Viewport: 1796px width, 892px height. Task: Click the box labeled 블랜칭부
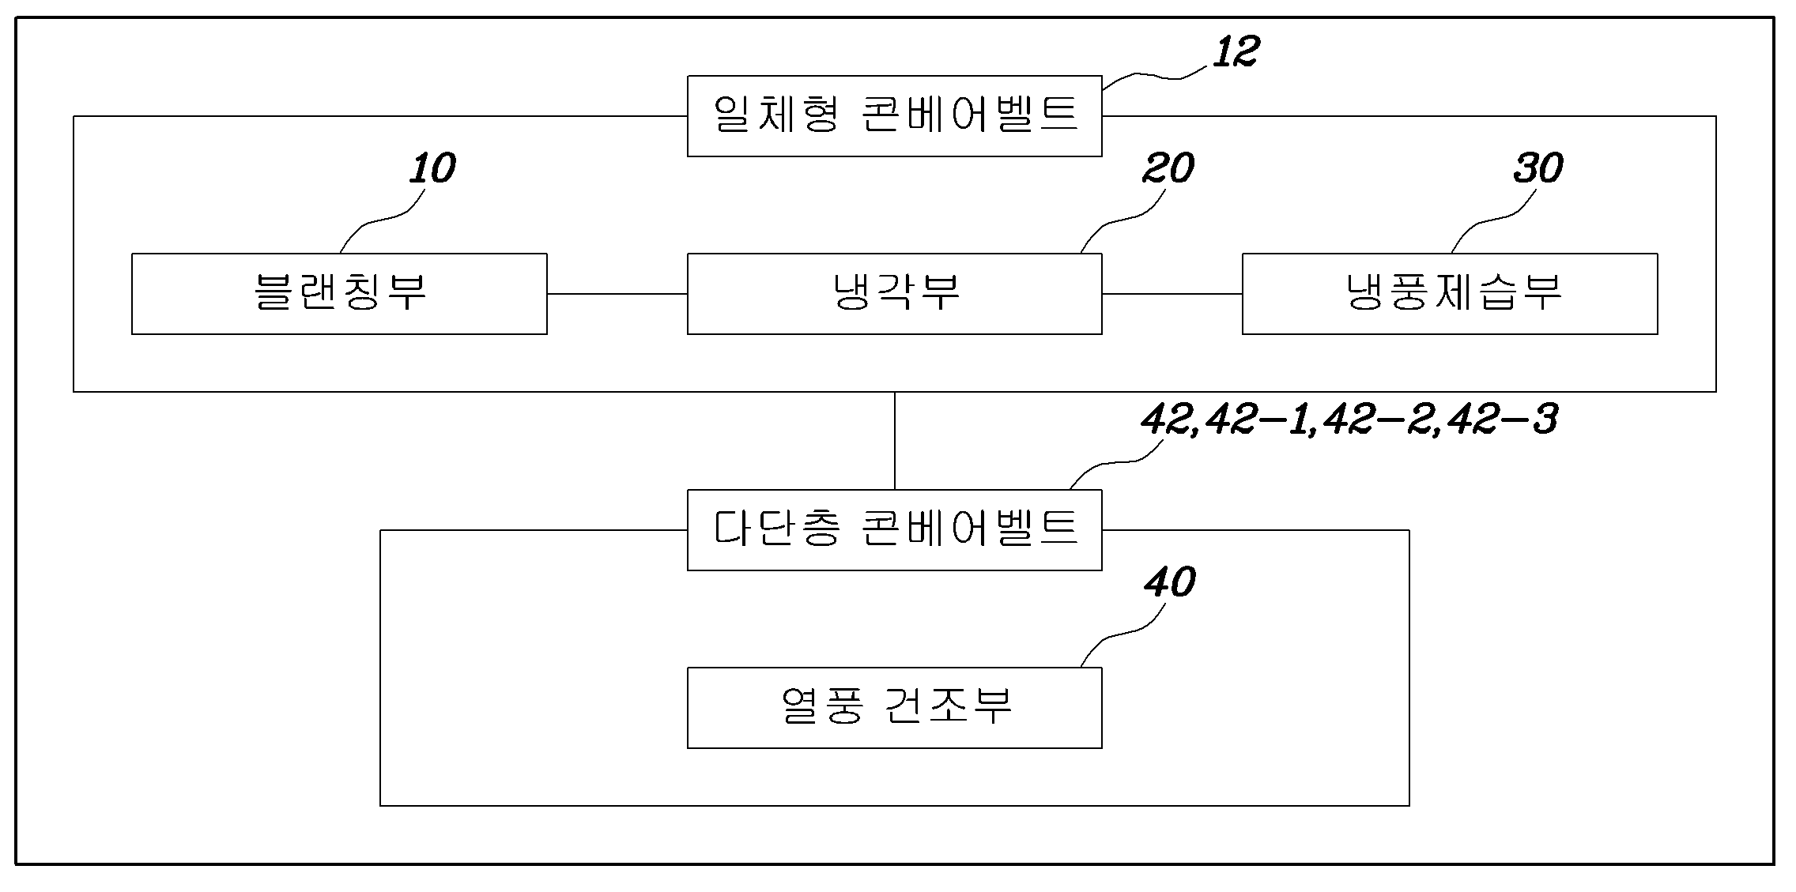pyautogui.click(x=339, y=294)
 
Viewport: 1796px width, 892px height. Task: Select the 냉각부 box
pyautogui.click(x=895, y=294)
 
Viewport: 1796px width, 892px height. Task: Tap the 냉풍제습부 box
pyautogui.click(x=1450, y=294)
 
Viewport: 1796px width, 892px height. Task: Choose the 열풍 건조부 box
pyautogui.click(x=895, y=708)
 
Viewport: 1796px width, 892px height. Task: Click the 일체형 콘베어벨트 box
pyautogui.click(x=895, y=116)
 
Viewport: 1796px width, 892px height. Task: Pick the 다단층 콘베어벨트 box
pyautogui.click(x=895, y=530)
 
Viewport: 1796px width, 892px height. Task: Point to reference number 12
pyautogui.click(x=1236, y=52)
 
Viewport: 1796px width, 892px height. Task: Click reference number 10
pyautogui.click(x=432, y=168)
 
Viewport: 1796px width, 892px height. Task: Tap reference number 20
pyautogui.click(x=1168, y=168)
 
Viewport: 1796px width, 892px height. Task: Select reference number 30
pyautogui.click(x=1538, y=168)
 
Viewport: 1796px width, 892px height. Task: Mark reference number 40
pyautogui.click(x=1170, y=582)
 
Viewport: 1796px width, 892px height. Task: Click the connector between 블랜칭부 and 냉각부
pyautogui.click(x=617, y=294)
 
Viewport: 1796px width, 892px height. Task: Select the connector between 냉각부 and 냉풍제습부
pyautogui.click(x=1172, y=294)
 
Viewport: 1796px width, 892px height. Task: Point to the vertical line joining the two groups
pyautogui.click(x=895, y=441)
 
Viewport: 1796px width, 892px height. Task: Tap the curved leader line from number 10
pyautogui.click(x=377, y=222)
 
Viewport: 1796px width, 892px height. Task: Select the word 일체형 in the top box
pyautogui.click(x=775, y=115)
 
